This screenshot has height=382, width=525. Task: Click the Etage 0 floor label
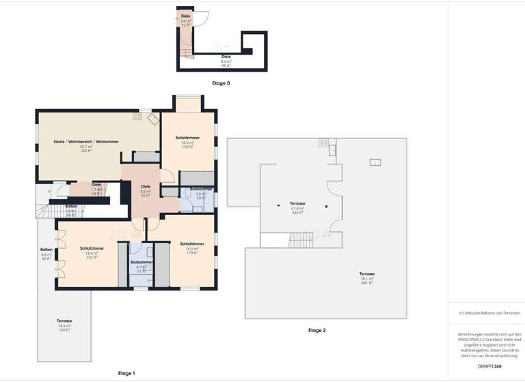221,83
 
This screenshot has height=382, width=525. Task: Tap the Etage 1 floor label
126,373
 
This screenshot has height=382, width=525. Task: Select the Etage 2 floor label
317,330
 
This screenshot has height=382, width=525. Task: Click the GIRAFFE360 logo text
489,366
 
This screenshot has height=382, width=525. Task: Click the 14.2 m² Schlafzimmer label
188,142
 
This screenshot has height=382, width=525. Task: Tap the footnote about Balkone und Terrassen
489,313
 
